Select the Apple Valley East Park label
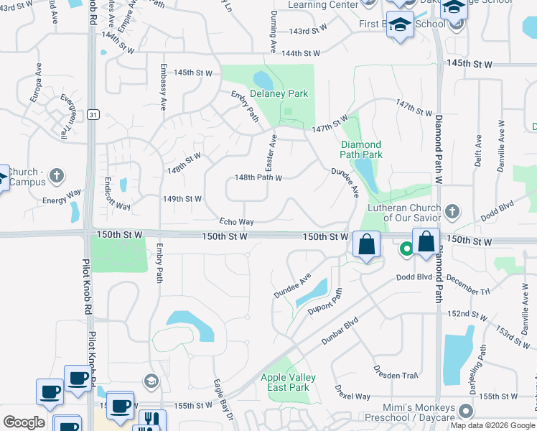[289, 383]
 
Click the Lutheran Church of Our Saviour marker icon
[452, 211]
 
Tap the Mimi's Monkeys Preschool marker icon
[466, 412]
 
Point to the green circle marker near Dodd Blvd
[406, 249]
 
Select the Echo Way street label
[237, 223]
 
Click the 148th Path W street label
[258, 177]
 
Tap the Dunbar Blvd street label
[340, 333]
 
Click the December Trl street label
[467, 284]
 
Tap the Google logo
[24, 422]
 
